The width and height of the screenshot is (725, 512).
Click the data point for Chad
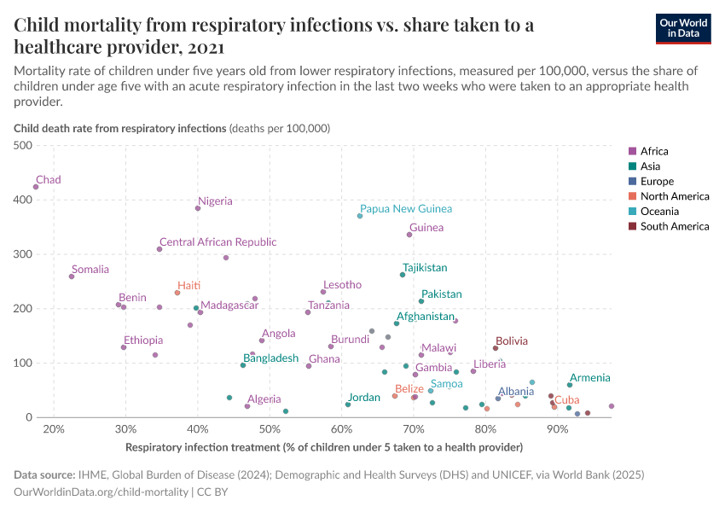pyautogui.click(x=36, y=187)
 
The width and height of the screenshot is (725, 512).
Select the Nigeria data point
pyautogui.click(x=198, y=208)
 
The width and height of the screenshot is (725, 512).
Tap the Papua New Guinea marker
pyautogui.click(x=360, y=216)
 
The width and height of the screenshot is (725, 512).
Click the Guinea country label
pyautogui.click(x=426, y=228)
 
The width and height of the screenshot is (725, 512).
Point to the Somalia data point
pyautogui.click(x=72, y=276)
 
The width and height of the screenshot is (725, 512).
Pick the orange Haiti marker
pyautogui.click(x=177, y=293)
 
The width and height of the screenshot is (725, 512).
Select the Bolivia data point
pyautogui.click(x=495, y=348)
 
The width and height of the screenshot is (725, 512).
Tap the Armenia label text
pyautogui.click(x=589, y=377)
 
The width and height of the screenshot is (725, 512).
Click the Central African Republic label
pyautogui.click(x=217, y=242)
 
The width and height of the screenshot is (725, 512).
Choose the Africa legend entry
pyautogui.click(x=654, y=151)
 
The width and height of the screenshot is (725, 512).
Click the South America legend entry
pyautogui.click(x=674, y=226)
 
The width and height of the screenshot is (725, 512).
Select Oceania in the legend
pyautogui.click(x=659, y=211)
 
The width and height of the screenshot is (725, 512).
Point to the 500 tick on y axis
pyautogui.click(x=25, y=146)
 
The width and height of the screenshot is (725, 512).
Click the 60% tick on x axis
pyautogui.click(x=342, y=429)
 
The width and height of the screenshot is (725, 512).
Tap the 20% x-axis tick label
pyautogui.click(x=53, y=429)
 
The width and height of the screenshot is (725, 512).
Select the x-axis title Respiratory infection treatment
pyautogui.click(x=323, y=447)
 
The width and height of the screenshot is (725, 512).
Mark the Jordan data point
pyautogui.click(x=348, y=404)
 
